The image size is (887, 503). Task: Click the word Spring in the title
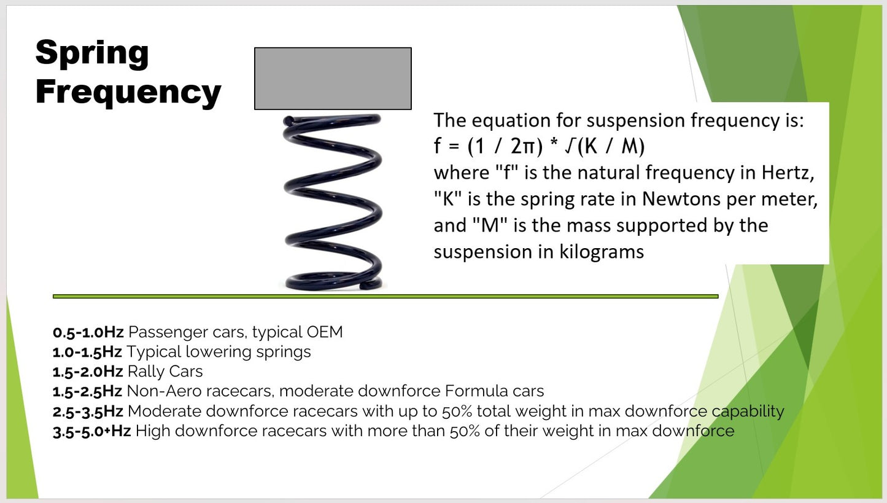pos(92,53)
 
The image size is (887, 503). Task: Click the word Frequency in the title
pos(128,92)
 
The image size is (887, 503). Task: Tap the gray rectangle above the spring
pos(333,79)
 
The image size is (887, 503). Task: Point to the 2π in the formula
pos(524,147)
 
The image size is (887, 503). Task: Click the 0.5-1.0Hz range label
pos(88,332)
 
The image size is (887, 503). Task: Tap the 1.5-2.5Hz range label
pos(88,391)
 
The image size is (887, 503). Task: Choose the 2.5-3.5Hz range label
pos(88,411)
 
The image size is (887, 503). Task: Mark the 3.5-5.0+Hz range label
pos(92,431)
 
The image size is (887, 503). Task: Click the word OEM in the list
pos(325,332)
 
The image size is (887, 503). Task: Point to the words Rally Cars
pos(165,372)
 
